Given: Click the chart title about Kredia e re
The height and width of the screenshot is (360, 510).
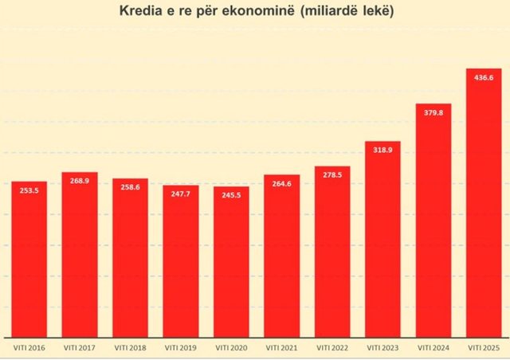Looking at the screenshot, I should pyautogui.click(x=255, y=13).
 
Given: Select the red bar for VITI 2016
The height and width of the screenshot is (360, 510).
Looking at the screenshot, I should pyautogui.click(x=29, y=263).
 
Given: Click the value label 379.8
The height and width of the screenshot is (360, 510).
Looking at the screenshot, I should pyautogui.click(x=433, y=113).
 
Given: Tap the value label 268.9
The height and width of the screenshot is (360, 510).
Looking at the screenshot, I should pyautogui.click(x=80, y=182).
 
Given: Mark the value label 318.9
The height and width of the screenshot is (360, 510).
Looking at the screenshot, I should pyautogui.click(x=382, y=151).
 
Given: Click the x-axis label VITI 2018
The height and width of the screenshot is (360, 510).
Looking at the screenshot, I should pyautogui.click(x=130, y=347).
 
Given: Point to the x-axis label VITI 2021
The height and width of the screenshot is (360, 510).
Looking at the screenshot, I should pyautogui.click(x=281, y=347).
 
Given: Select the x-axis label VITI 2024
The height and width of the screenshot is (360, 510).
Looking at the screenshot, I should pyautogui.click(x=433, y=347).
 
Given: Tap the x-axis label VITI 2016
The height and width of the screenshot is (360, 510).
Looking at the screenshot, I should pyautogui.click(x=29, y=347).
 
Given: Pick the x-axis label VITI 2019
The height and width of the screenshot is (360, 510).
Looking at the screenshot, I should pyautogui.click(x=181, y=347).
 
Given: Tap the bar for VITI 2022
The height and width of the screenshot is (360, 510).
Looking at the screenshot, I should pyautogui.click(x=332, y=255).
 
